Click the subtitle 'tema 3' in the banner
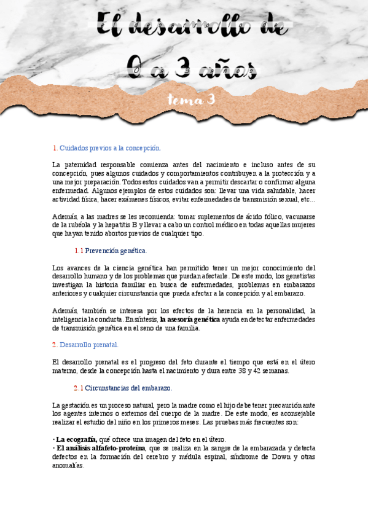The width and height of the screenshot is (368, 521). pyautogui.click(x=191, y=100)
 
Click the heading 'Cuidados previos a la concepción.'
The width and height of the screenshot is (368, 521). pyautogui.click(x=110, y=148)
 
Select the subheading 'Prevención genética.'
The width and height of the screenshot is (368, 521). pyautogui.click(x=115, y=251)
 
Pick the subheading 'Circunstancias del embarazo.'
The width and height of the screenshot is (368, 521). pyautogui.click(x=128, y=388)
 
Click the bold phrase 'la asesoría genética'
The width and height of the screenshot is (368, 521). pyautogui.click(x=190, y=319)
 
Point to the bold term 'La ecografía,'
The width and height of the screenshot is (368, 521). pyautogui.click(x=76, y=439)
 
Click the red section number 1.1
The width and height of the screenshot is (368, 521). pyautogui.click(x=79, y=251)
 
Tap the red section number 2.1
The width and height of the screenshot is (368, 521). pyautogui.click(x=78, y=388)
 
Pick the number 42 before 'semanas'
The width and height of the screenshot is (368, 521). pyautogui.click(x=265, y=370)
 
